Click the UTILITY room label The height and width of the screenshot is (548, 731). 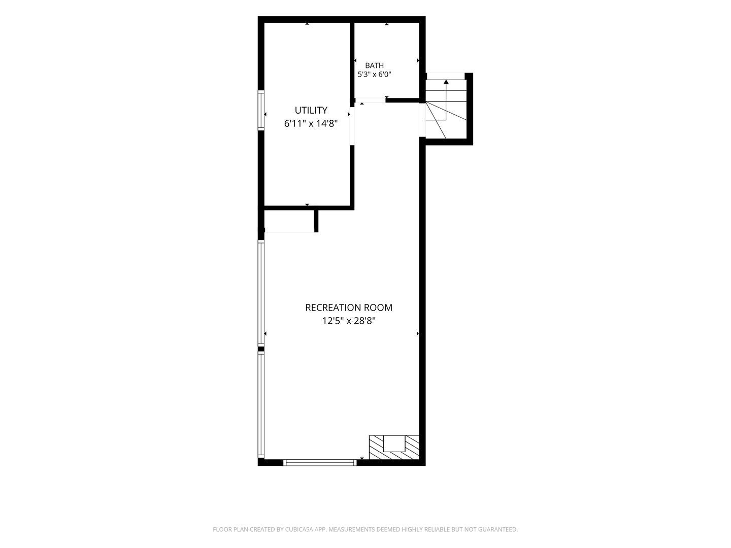(311, 110)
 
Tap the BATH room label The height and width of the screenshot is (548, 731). (374, 65)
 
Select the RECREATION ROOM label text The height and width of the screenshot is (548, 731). (349, 307)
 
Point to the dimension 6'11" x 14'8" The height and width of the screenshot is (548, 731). (311, 124)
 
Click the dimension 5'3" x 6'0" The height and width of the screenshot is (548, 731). (374, 75)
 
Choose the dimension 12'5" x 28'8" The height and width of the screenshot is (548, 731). (349, 321)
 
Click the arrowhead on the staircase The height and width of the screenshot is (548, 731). (446, 82)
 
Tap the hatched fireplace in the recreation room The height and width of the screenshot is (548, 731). (394, 448)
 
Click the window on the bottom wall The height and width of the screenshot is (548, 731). (320, 462)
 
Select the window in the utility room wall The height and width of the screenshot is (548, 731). (261, 110)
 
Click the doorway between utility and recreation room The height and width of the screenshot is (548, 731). (352, 126)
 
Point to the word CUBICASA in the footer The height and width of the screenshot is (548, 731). (298, 529)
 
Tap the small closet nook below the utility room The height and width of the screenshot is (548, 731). (289, 221)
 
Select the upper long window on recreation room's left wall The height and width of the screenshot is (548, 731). (261, 293)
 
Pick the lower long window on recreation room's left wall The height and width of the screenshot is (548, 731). (261, 405)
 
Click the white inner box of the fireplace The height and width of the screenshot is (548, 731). (394, 443)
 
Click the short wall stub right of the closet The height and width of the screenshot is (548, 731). (316, 221)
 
